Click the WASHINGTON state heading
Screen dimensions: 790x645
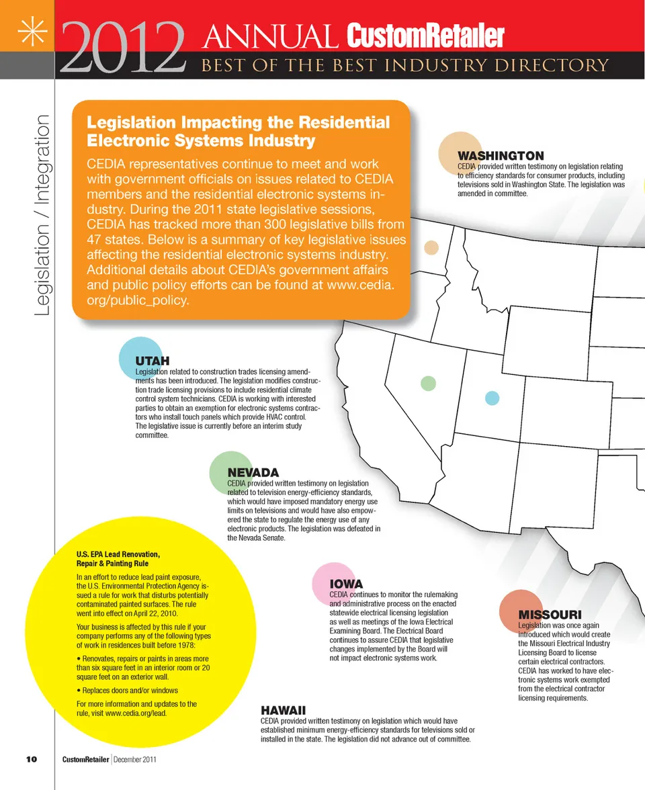501,156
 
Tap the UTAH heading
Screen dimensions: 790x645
152,361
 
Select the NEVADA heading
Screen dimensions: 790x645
253,473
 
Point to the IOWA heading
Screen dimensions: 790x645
346,584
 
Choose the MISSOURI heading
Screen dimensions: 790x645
550,615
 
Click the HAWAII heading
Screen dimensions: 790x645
283,710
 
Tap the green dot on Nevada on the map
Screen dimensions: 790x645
428,383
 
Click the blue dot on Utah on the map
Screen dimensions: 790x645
492,398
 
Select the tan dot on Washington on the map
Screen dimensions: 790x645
431,247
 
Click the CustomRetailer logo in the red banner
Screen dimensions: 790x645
425,36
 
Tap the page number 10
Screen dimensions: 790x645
31,759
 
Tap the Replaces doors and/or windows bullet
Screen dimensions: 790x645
127,690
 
